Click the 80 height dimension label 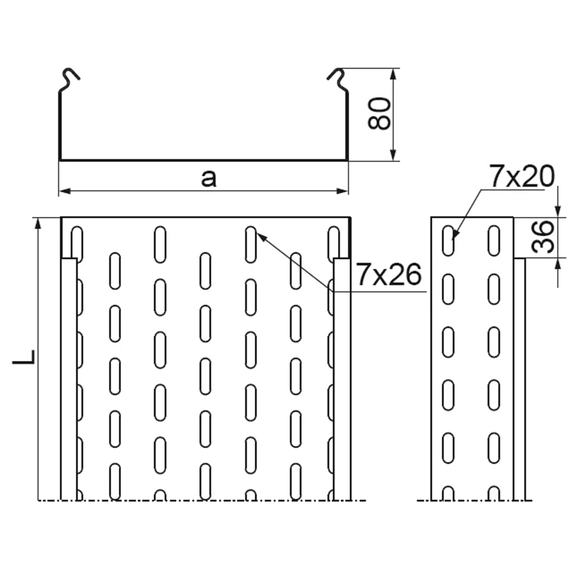[x=378, y=113]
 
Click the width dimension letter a [x=209, y=179]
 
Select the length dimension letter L [x=24, y=357]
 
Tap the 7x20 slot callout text [x=522, y=176]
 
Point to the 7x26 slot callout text [x=389, y=275]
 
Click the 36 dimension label [x=543, y=237]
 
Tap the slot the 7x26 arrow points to [x=251, y=244]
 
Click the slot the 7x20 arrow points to [x=449, y=241]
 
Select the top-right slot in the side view [x=494, y=241]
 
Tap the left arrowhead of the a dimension [x=65, y=191]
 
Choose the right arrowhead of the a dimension [x=342, y=191]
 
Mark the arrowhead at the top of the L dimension [x=38, y=224]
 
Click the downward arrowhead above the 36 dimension [x=558, y=211]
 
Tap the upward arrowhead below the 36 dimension [x=558, y=264]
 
